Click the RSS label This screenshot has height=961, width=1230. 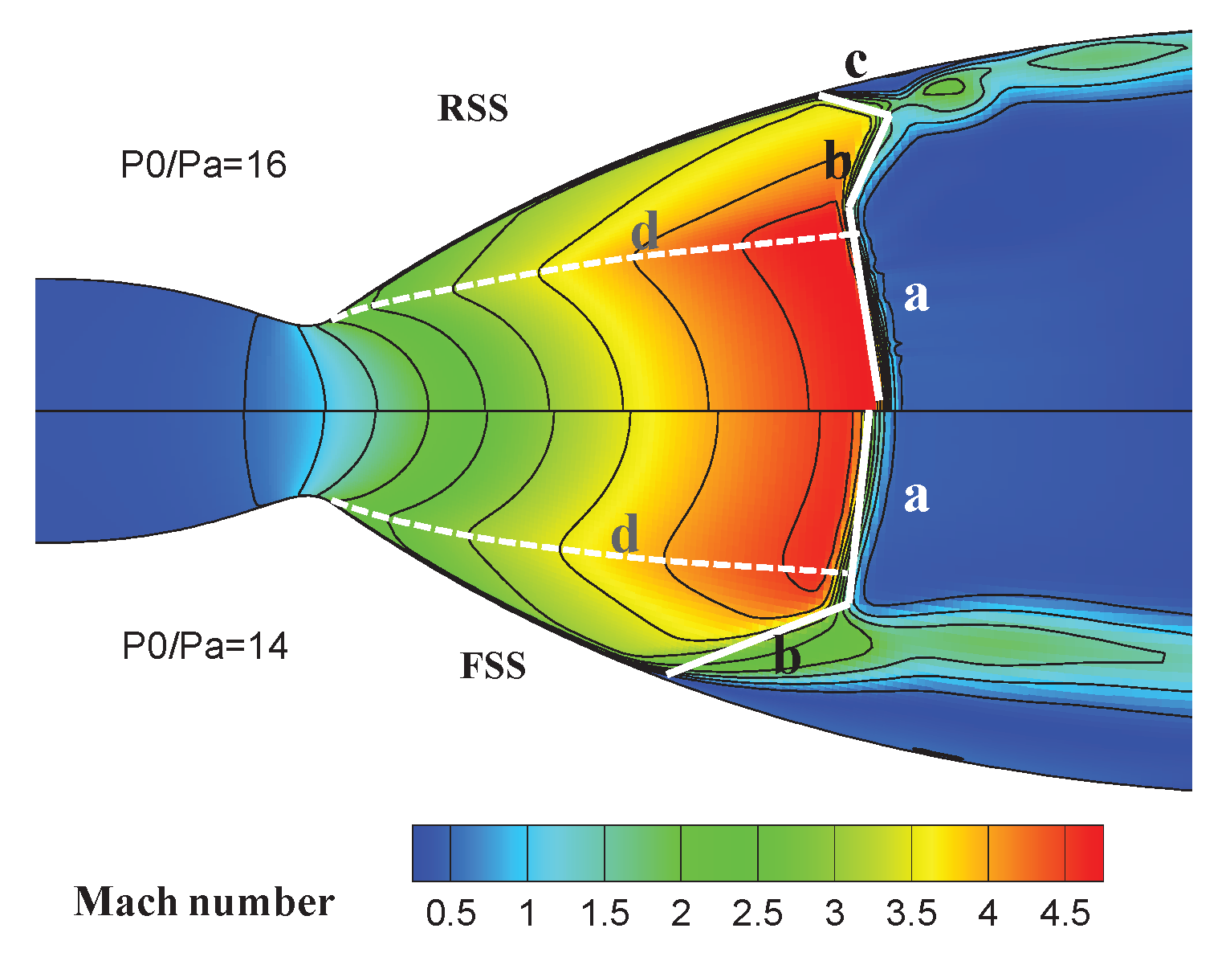(x=473, y=108)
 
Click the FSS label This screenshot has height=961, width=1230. (x=493, y=666)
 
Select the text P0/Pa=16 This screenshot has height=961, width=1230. (x=203, y=166)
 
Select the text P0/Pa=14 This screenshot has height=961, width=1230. (x=205, y=646)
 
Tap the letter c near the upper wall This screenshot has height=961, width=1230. (x=857, y=63)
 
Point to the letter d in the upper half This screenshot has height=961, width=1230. (x=645, y=232)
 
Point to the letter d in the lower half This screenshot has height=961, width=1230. (x=625, y=534)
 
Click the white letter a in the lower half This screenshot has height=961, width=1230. (x=916, y=496)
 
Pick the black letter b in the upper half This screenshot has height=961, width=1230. (x=837, y=163)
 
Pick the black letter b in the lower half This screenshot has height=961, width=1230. (x=787, y=658)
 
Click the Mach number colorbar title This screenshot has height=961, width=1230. (x=204, y=902)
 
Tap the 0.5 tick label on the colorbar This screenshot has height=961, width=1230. (x=450, y=914)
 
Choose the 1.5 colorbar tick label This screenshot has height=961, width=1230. (x=604, y=914)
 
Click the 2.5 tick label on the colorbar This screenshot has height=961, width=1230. (x=758, y=914)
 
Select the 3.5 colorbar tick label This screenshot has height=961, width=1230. (x=911, y=914)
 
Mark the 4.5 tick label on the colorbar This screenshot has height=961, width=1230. (x=1065, y=914)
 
